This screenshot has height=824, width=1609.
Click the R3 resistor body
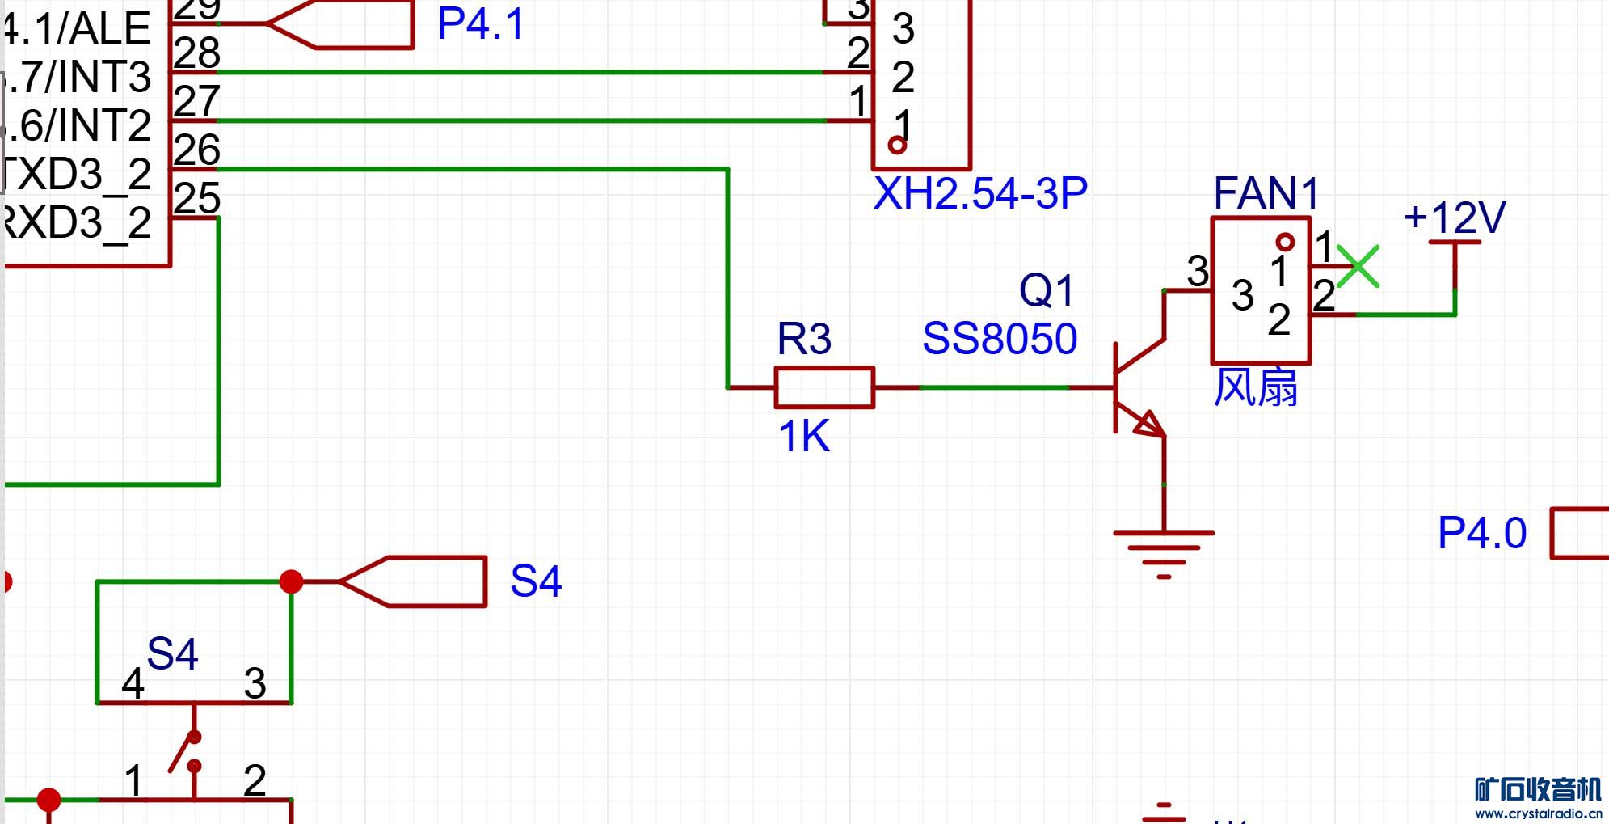pos(824,387)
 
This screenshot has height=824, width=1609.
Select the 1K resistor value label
pos(804,437)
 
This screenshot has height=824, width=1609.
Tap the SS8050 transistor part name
pos(1000,339)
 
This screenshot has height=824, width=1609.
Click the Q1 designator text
pos(1047,290)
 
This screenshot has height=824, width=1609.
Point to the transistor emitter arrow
pos(1149,424)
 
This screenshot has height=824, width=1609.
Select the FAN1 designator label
pos(1266,194)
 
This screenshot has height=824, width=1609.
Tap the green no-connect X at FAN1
pos(1358,267)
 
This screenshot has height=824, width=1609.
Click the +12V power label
pos(1455,218)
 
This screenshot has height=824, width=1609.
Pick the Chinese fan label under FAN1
pos(1256,387)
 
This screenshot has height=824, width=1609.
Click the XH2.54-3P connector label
pos(980,193)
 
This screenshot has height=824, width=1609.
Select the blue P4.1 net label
pos(481,23)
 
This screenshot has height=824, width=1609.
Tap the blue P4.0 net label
pos(1482,533)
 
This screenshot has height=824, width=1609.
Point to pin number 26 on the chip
pos(196,150)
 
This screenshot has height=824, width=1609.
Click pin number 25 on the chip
pos(196,199)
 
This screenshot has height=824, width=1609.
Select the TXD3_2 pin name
pos(77,175)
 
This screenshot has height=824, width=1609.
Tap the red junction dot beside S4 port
pos(291,581)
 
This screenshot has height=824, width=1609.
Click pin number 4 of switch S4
pos(133,684)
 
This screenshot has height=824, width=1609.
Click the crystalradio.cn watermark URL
pos(1538,813)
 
